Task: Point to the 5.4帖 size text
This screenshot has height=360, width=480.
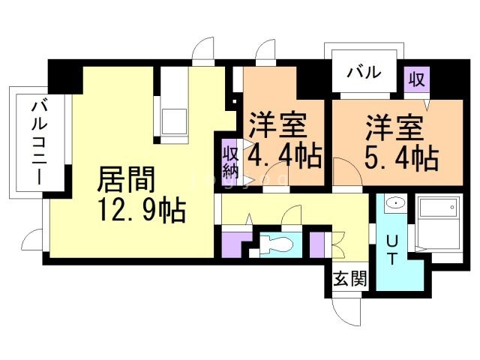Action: (401, 157)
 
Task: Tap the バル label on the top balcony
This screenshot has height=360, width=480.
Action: (364, 73)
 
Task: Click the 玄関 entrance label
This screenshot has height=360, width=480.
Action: (349, 281)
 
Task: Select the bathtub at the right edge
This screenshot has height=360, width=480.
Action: (439, 221)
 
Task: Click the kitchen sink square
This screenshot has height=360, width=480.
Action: (175, 119)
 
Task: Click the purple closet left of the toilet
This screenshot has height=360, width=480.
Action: (234, 244)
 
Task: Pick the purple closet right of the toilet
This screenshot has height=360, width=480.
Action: (317, 244)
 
